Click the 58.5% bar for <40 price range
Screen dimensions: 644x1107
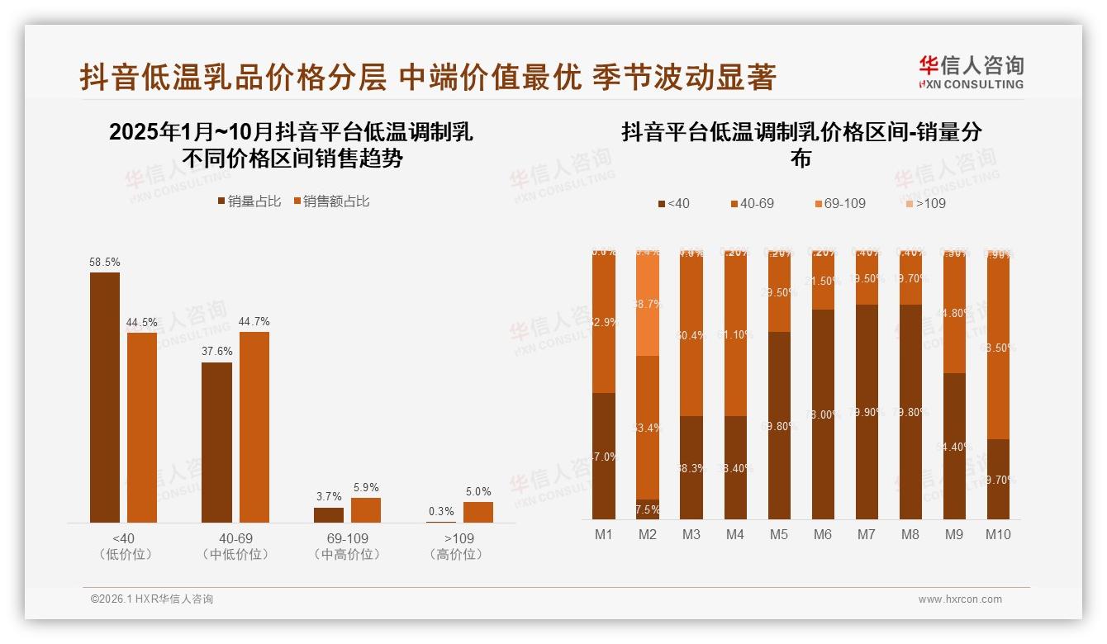point(105,397)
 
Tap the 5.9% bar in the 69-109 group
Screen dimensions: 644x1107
point(366,510)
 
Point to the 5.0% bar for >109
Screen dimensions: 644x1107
point(477,512)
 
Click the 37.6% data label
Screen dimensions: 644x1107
point(217,352)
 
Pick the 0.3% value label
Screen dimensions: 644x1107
point(441,512)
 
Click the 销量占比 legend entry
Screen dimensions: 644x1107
point(249,201)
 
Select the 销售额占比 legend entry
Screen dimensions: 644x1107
point(330,201)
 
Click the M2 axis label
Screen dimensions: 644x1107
point(648,535)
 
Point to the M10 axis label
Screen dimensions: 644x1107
point(998,535)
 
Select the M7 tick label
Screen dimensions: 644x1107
point(866,535)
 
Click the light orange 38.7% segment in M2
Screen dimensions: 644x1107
point(648,304)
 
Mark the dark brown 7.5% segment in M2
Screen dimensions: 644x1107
point(648,509)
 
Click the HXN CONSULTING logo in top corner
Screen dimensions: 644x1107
point(972,72)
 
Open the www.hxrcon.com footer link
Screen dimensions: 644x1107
point(960,599)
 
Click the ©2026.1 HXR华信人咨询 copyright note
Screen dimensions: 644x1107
point(152,599)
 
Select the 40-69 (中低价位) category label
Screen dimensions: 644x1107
point(235,547)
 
